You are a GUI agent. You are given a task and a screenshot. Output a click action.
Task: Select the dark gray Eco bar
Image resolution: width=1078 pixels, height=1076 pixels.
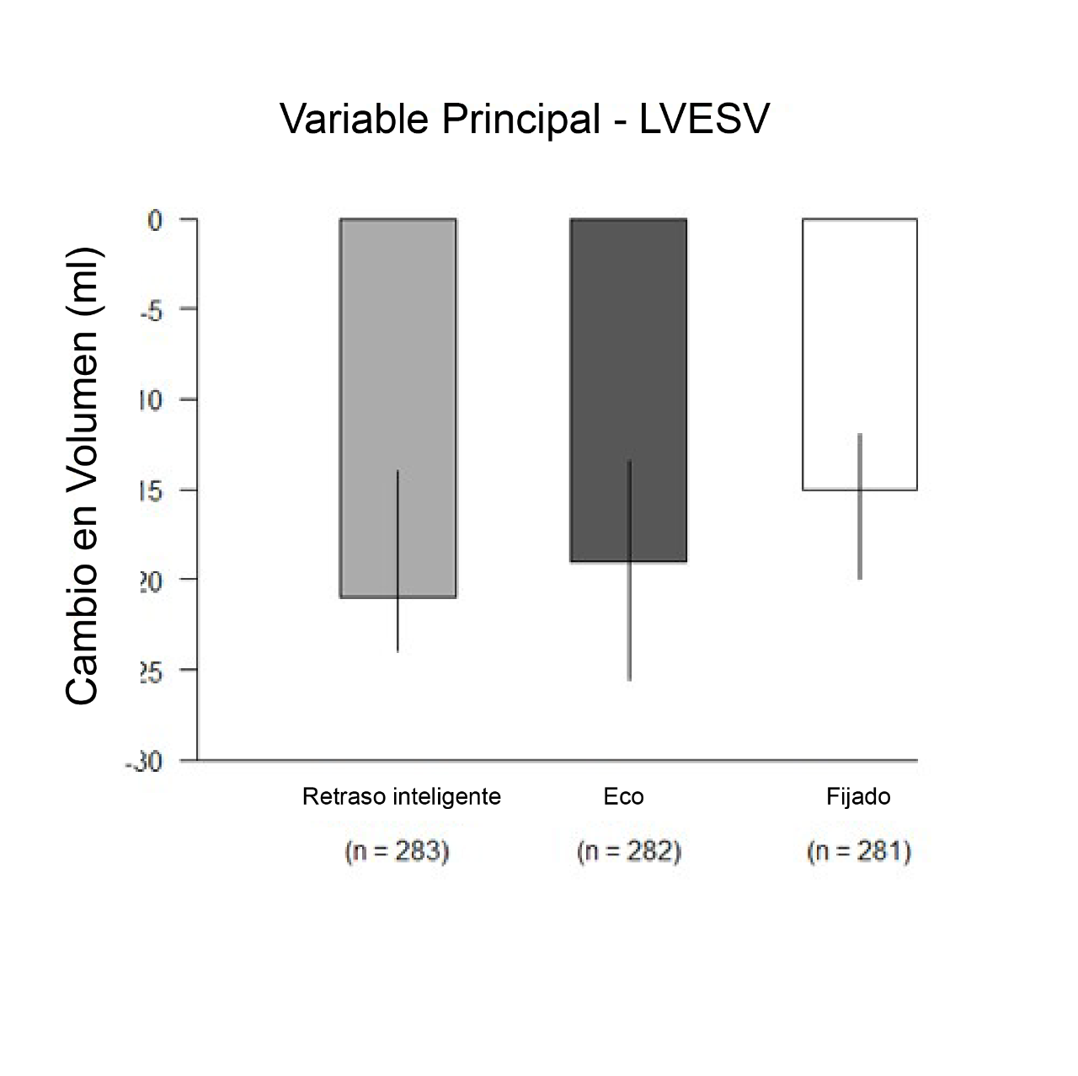[598, 337]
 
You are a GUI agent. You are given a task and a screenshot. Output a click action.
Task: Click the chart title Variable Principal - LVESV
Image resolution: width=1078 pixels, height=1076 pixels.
[524, 120]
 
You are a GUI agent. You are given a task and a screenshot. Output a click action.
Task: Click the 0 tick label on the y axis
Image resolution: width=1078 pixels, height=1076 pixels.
[154, 220]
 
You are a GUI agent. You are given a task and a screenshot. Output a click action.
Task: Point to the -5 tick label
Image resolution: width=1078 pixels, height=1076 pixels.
[150, 309]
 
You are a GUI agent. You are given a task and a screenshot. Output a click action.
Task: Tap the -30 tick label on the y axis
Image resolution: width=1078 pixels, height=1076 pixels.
[145, 762]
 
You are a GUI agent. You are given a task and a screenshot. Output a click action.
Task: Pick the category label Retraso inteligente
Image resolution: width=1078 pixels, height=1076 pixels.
[401, 796]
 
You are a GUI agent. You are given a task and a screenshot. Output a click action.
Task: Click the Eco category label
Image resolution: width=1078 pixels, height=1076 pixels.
[623, 796]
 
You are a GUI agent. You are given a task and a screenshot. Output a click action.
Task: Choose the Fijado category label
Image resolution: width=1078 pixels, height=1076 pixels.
[858, 796]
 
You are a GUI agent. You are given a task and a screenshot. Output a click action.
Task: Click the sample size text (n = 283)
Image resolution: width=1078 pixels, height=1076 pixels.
[398, 852]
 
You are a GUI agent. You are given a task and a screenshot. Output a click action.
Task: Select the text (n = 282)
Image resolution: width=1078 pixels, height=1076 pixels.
[629, 852]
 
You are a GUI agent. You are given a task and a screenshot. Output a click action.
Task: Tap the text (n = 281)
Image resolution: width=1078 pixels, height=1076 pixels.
[860, 852]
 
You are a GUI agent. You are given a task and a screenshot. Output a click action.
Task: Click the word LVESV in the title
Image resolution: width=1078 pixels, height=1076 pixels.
[704, 120]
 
